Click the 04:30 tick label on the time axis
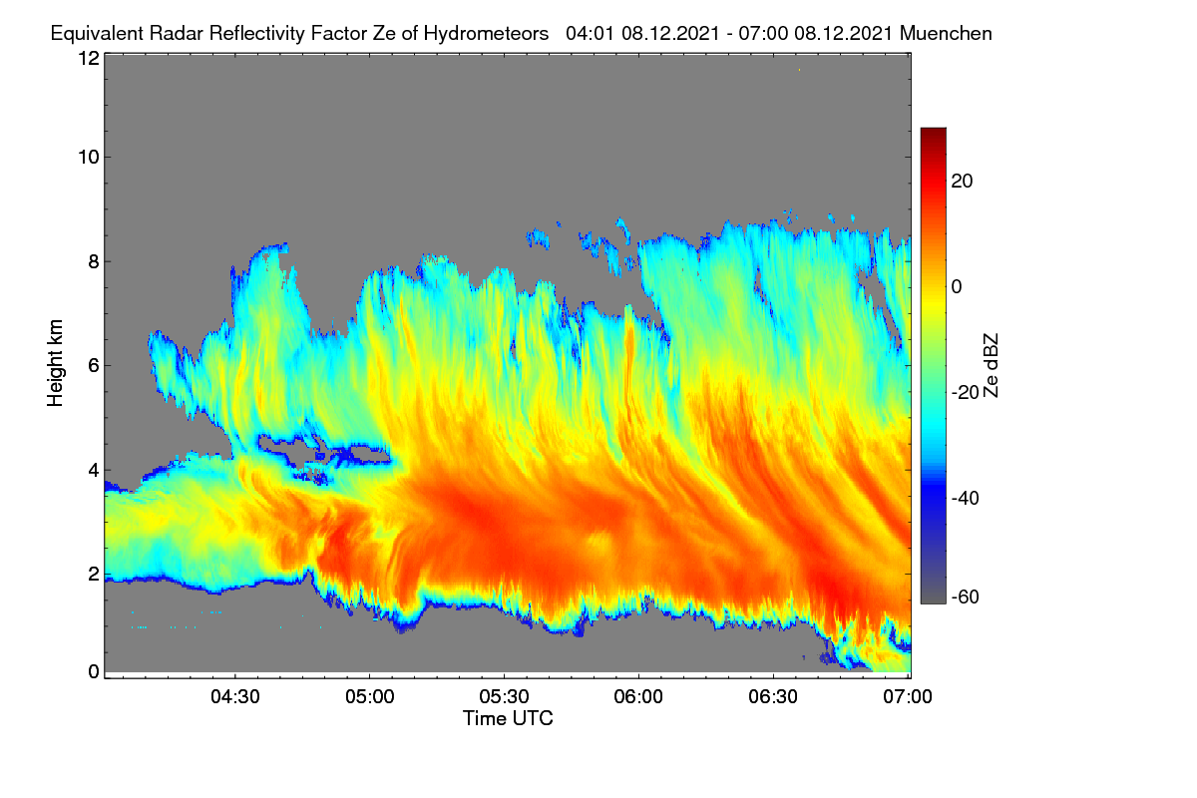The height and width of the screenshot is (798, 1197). coord(235,696)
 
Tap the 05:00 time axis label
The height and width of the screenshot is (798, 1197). coord(370,696)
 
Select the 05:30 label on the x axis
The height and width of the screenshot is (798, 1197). coord(504,696)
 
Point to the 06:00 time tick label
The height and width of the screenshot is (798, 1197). coord(638,696)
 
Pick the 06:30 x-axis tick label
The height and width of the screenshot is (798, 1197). coord(773,696)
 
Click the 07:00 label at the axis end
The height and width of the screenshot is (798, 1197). coord(908,696)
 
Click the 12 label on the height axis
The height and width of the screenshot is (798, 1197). coord(89,58)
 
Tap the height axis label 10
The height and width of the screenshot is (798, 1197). coord(89,158)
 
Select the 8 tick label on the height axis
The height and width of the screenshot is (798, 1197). coord(94,262)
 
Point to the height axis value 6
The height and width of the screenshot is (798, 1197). coord(94,366)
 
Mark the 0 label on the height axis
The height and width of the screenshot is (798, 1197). coord(94,672)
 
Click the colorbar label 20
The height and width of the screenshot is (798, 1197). coord(962,182)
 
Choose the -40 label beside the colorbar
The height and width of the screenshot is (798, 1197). coord(966,498)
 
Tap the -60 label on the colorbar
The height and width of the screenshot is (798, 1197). coord(966,598)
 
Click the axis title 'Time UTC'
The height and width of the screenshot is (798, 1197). coord(508,718)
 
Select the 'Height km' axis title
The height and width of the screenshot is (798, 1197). coord(55,363)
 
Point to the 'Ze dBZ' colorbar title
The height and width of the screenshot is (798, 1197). coord(991,366)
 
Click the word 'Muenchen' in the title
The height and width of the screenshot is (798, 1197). coord(946,34)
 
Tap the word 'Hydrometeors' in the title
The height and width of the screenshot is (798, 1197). coord(487,34)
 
